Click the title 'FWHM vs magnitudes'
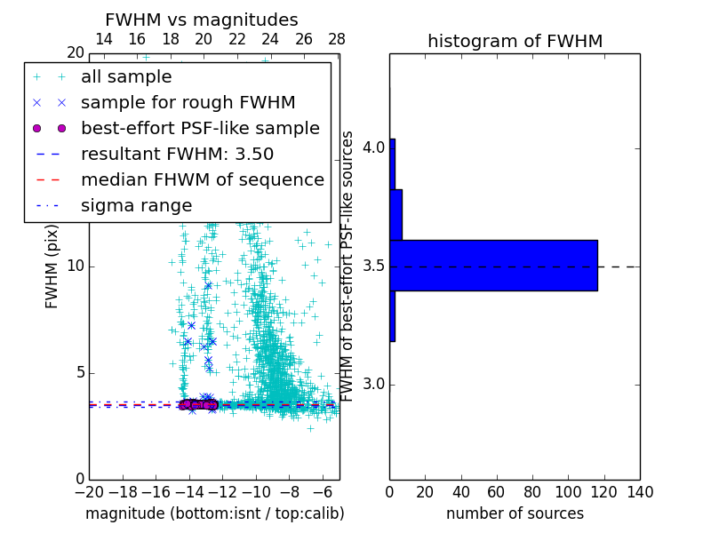click(202, 20)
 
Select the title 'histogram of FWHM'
click(515, 41)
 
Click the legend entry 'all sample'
click(126, 76)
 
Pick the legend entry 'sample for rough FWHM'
click(188, 102)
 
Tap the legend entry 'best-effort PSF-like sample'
click(200, 128)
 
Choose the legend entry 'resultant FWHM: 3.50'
click(177, 154)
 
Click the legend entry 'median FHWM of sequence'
click(203, 179)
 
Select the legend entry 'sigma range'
click(136, 205)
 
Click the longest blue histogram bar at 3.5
click(493, 266)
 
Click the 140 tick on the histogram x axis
click(640, 492)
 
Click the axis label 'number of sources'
click(515, 513)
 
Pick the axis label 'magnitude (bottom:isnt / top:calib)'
click(214, 513)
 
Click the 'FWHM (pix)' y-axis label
click(52, 266)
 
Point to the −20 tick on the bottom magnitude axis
click(89, 492)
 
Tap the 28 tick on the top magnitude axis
click(337, 39)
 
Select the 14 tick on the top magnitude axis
click(103, 39)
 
